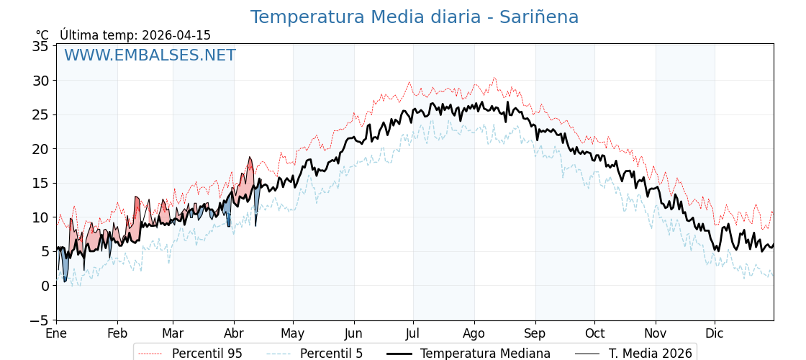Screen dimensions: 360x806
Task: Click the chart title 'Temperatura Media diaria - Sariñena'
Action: coord(414,17)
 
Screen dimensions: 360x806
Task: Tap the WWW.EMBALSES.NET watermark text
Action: coord(150,55)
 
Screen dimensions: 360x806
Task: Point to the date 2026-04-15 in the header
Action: coord(176,35)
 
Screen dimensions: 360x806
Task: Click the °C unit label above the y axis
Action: coord(42,35)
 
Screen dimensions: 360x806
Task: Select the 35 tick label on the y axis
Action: coord(41,46)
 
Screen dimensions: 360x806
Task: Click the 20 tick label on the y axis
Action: coord(41,149)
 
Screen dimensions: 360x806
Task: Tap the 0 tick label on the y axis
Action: coord(45,286)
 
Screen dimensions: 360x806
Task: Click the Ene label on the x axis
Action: coord(56,334)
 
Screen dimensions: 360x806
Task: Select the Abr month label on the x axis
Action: coord(234,334)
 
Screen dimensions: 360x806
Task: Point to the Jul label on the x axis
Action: coord(413,334)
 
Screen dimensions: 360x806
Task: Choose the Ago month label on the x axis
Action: coord(474,334)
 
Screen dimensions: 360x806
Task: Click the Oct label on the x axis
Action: coord(594,334)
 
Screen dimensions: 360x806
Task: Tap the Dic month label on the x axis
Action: coord(715,334)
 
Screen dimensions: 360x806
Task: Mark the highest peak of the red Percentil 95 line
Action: coord(494,78)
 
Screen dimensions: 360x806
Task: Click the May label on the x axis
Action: coord(293,334)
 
